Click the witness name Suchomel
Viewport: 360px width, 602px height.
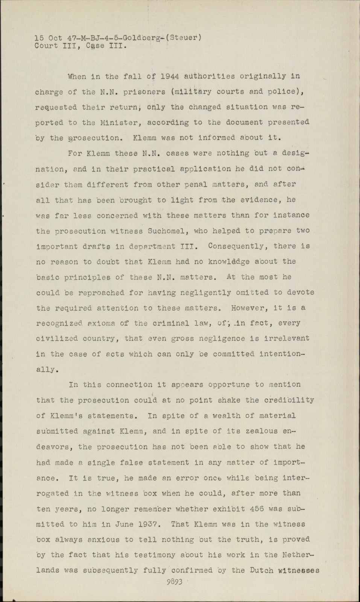click(168, 231)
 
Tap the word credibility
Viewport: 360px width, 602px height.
click(290, 400)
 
